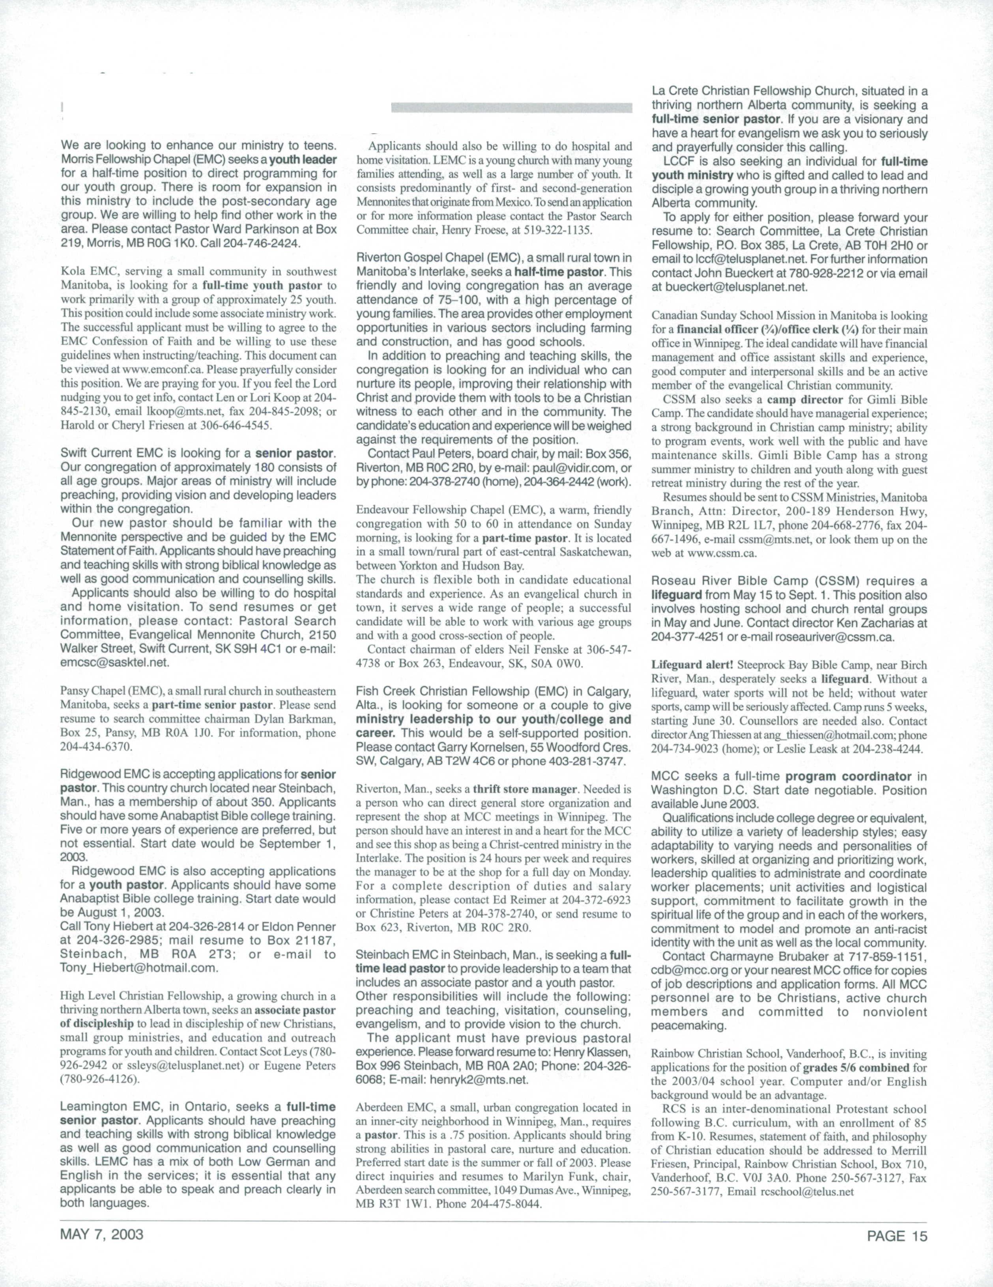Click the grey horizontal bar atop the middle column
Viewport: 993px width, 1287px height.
point(512,108)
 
